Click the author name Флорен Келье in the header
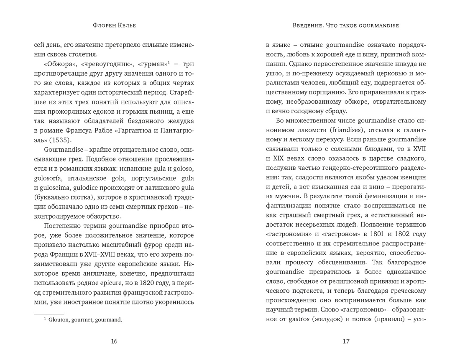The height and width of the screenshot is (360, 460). coord(114,26)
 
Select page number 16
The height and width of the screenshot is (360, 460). coord(114,341)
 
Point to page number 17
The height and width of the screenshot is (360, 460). coord(345,341)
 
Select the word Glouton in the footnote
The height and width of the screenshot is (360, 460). coord(60,320)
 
